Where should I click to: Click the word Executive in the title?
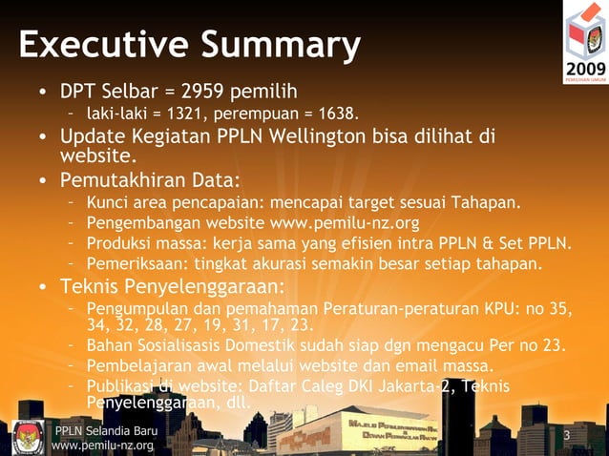point(93,45)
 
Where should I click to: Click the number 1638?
point(337,115)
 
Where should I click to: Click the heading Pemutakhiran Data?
point(150,180)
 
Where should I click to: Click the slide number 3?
point(567,437)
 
